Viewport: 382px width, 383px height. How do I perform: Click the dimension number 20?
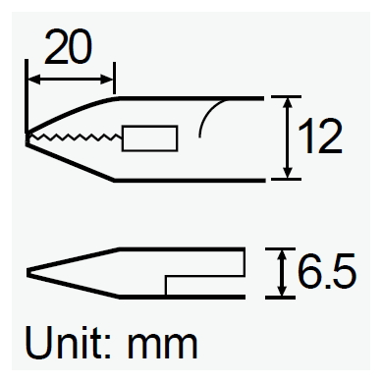[x=69, y=46]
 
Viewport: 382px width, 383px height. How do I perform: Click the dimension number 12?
[x=320, y=137]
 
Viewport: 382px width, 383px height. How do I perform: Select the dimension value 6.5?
[x=326, y=271]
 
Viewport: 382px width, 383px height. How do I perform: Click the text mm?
[x=162, y=347]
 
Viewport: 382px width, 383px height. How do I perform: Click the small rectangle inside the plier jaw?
[x=149, y=138]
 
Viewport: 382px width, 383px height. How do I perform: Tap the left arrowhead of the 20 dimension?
[x=34, y=80]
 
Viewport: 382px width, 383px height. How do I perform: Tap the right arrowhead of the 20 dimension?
[x=107, y=80]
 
